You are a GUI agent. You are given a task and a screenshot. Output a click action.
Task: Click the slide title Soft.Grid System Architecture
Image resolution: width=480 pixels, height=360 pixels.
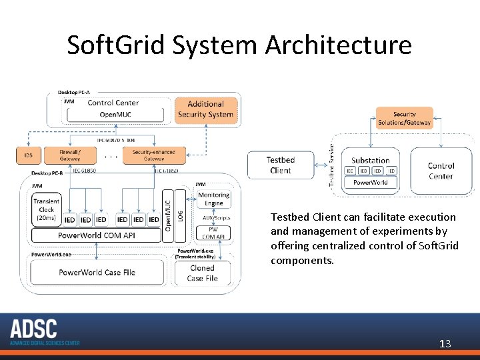coord(239,45)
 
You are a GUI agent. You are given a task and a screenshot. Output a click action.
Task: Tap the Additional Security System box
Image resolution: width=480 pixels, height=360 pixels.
coord(205,109)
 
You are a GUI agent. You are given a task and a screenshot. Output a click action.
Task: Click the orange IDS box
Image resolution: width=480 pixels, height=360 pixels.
coord(28,155)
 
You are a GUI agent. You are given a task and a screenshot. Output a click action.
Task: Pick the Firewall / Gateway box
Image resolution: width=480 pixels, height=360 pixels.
coord(70,155)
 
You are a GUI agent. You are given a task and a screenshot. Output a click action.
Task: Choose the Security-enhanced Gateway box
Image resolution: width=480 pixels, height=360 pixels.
coord(153,155)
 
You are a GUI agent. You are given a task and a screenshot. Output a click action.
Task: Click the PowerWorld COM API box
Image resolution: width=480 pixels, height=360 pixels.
coord(97,235)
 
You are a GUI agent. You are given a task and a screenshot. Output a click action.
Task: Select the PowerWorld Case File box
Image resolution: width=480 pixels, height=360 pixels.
coord(97,272)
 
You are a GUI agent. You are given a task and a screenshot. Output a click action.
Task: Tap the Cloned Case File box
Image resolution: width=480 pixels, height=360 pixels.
coord(202,273)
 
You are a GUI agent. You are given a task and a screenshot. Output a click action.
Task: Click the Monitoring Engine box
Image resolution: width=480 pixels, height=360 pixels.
coord(213,199)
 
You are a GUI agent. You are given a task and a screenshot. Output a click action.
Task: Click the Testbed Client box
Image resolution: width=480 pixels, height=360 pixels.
coord(280,165)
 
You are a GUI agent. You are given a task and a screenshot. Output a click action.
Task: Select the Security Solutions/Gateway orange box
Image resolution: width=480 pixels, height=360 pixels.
coord(404,118)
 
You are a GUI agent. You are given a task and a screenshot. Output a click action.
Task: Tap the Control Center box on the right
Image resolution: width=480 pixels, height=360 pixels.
coord(441,171)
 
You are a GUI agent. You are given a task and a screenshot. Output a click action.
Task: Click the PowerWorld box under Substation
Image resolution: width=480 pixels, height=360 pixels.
coord(370,183)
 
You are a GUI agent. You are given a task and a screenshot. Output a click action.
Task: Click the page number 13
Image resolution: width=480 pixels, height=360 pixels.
coord(445,344)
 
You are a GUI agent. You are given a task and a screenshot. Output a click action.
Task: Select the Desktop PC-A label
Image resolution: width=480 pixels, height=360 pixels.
coord(74,91)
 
